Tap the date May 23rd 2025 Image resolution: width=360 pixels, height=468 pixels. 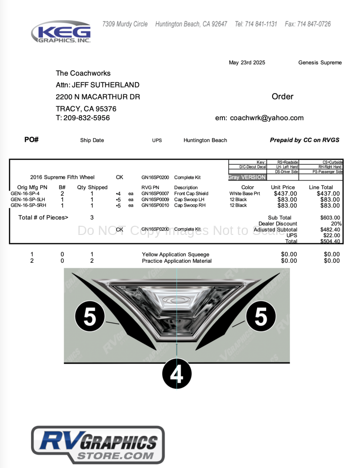click(247, 63)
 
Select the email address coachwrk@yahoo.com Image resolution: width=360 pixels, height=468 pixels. click(267, 118)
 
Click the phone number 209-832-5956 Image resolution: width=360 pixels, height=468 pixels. click(86, 118)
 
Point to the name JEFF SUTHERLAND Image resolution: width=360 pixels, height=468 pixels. click(106, 85)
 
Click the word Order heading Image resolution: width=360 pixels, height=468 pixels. click(282, 96)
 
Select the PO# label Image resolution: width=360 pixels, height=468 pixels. click(31, 140)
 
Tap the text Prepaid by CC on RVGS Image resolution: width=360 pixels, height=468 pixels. click(304, 140)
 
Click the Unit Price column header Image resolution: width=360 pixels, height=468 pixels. click(283, 187)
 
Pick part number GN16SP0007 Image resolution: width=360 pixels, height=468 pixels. click(155, 194)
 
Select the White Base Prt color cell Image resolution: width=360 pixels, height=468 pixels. click(244, 194)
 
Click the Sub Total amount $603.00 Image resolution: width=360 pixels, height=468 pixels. click(330, 218)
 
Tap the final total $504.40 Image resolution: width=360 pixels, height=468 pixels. click(330, 241)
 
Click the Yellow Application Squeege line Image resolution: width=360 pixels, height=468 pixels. click(176, 255)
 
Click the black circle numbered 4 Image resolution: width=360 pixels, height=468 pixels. click(177, 374)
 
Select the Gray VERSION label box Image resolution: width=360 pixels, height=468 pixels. click(247, 177)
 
